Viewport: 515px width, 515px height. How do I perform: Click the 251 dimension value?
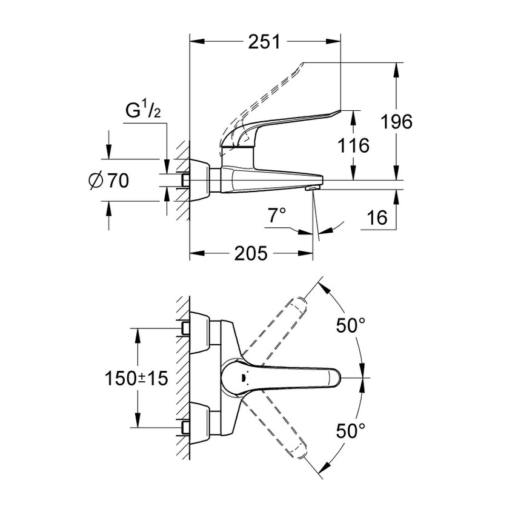tap(264, 42)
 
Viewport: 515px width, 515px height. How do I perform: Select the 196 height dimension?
tap(396, 121)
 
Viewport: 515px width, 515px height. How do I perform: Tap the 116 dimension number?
tap(354, 145)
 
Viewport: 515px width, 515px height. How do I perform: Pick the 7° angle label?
tap(276, 215)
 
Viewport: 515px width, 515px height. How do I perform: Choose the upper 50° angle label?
tap(351, 325)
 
